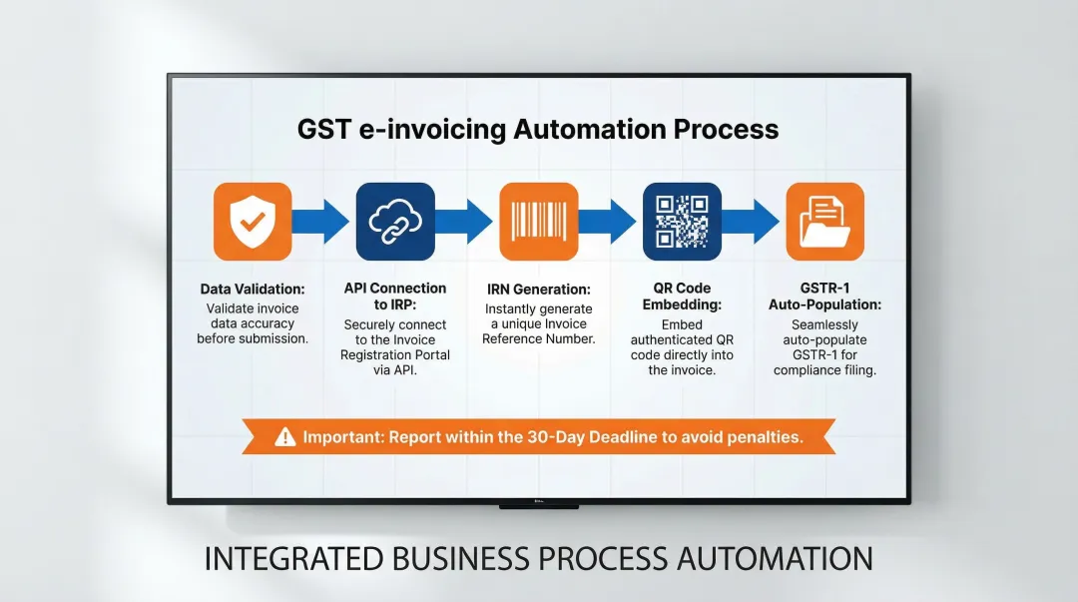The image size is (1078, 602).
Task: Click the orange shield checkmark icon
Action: click(x=253, y=222)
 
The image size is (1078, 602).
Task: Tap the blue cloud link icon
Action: click(x=395, y=222)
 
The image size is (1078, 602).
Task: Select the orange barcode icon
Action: click(x=538, y=222)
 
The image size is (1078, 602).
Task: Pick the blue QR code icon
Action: click(x=682, y=222)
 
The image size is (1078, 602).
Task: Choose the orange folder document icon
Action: click(x=824, y=222)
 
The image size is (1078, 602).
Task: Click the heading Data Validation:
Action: click(x=253, y=290)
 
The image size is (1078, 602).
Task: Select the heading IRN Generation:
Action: click(x=538, y=290)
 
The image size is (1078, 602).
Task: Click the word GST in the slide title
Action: click(x=322, y=130)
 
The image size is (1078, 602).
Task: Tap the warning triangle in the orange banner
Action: click(x=285, y=436)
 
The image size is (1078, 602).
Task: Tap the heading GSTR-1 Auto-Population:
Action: click(x=824, y=297)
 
